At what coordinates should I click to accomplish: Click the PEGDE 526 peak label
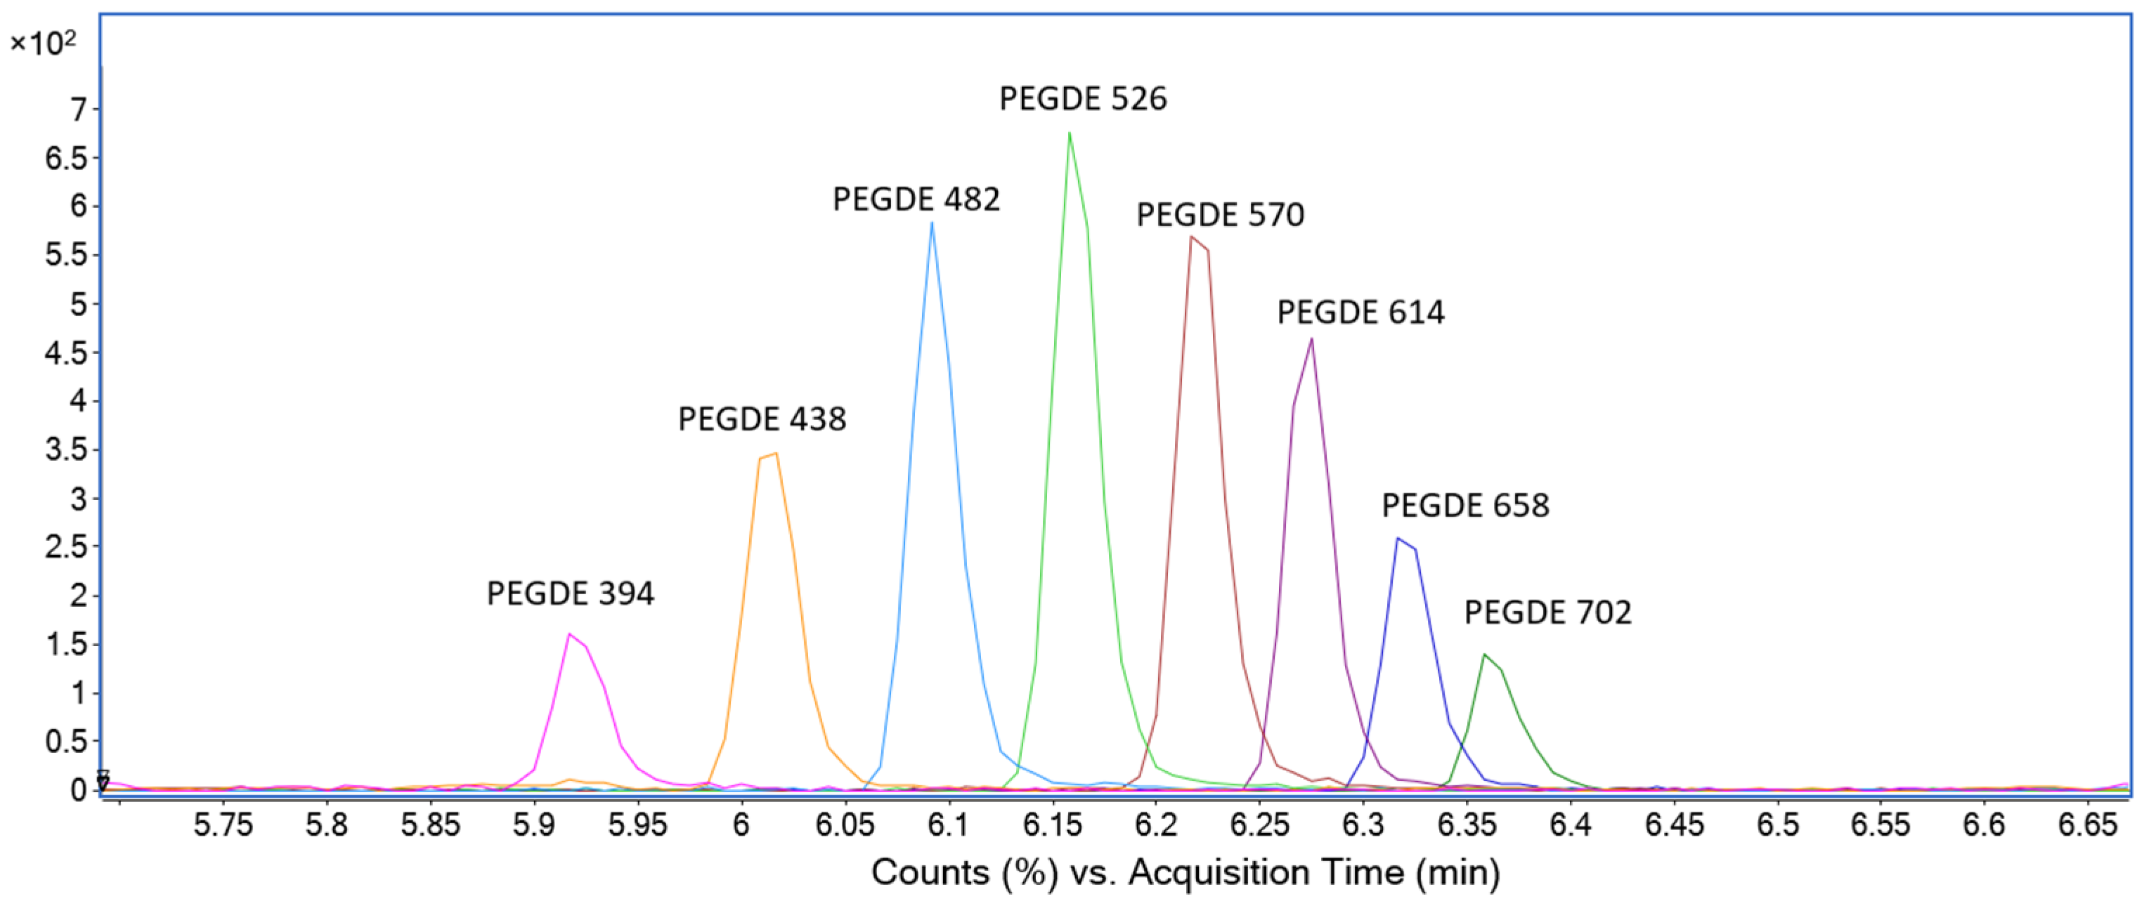pos(1083,99)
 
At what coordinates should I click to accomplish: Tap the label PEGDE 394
pos(570,594)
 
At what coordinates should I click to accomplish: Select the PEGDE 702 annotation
pos(1547,613)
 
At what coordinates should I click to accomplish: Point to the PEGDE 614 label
pos(1360,313)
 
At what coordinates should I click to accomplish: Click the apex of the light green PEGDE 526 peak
pos(1069,133)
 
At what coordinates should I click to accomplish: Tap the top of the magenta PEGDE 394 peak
pos(569,634)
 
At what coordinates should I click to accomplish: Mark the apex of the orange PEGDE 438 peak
pos(776,454)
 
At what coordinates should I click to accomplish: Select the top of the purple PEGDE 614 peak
pos(1312,339)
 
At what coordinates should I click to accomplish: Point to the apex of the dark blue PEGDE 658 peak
pos(1398,538)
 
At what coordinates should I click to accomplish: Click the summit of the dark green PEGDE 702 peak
pos(1483,655)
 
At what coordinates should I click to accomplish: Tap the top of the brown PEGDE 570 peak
pos(1192,237)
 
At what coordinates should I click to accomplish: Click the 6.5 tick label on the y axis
pos(66,158)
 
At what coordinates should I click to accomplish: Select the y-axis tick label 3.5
pos(66,450)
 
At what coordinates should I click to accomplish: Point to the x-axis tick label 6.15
pos(1052,826)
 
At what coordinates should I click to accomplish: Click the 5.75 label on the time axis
pos(223,826)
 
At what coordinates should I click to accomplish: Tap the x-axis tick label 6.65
pos(2087,826)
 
